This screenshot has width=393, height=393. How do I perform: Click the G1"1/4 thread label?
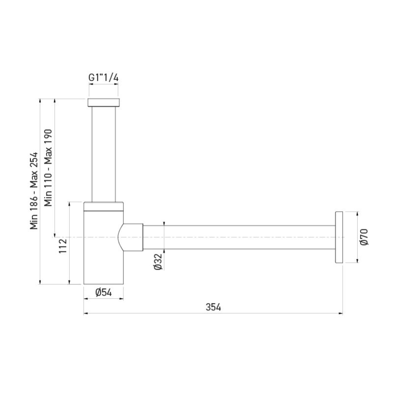coord(103,78)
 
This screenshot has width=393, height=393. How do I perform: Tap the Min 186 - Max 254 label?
coord(34,191)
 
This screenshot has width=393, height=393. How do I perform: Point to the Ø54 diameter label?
coord(103,292)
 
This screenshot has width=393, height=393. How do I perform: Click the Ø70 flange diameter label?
coord(364,237)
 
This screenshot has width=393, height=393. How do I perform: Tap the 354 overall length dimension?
coord(213,307)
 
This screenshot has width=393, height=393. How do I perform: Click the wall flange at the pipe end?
coord(338,237)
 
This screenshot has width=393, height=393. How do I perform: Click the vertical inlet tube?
coord(103,152)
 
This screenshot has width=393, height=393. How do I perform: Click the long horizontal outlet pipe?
coord(236,237)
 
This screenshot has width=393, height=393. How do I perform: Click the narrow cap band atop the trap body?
coord(103,206)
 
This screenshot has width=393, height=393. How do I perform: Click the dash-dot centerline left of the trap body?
coord(69,237)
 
